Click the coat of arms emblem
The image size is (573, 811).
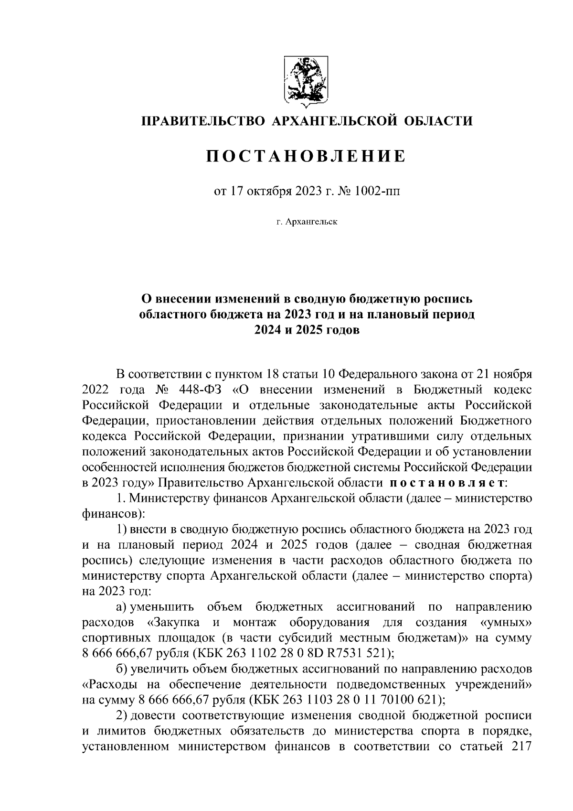(306, 80)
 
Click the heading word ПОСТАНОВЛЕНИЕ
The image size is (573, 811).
(306, 156)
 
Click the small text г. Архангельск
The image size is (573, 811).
(306, 222)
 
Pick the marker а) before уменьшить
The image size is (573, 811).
(120, 607)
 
